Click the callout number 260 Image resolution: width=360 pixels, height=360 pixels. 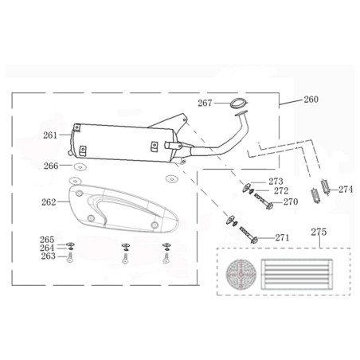(x=311, y=100)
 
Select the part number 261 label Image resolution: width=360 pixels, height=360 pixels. (x=50, y=135)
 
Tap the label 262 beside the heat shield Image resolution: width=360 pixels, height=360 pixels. (x=49, y=202)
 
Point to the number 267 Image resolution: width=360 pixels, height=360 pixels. (x=205, y=103)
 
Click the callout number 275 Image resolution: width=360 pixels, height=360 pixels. (x=319, y=232)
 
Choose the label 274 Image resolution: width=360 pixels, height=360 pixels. (x=346, y=190)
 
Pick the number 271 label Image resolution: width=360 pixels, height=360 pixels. (x=282, y=237)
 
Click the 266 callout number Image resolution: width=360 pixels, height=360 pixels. (x=51, y=166)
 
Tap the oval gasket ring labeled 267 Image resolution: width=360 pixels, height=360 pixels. (x=238, y=103)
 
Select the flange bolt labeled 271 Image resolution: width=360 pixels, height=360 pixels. (x=248, y=235)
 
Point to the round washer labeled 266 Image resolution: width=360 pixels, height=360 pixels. (x=80, y=167)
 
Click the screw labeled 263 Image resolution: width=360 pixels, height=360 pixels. (x=70, y=257)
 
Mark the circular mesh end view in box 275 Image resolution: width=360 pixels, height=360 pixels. (x=241, y=275)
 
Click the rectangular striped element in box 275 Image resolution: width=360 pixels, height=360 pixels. (x=297, y=275)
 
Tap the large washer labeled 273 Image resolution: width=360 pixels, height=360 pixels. (x=246, y=187)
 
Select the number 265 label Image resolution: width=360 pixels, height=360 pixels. (x=47, y=240)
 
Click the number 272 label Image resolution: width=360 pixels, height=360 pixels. (x=281, y=191)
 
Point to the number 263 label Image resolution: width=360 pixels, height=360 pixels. (x=48, y=256)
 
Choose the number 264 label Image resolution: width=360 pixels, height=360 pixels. (x=47, y=248)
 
